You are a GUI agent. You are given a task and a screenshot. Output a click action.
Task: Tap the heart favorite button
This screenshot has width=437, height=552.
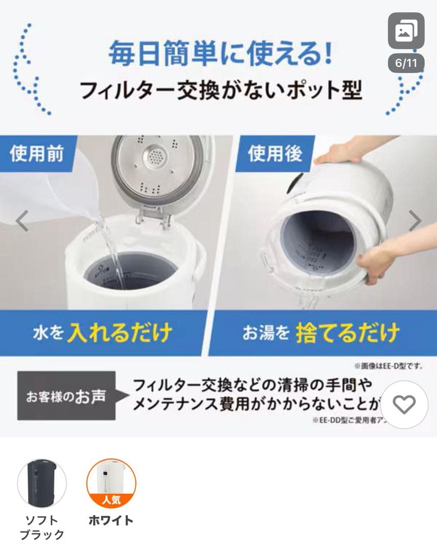[404, 405]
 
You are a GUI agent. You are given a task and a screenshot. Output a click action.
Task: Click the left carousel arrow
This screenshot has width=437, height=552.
[21, 221]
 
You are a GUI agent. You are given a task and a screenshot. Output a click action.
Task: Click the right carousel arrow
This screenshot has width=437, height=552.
[415, 221]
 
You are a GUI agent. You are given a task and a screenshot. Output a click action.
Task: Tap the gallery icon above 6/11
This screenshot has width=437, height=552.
[406, 31]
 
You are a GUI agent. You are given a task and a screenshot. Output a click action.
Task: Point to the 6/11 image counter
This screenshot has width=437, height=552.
[406, 64]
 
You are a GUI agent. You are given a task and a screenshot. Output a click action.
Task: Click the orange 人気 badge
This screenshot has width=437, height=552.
[111, 499]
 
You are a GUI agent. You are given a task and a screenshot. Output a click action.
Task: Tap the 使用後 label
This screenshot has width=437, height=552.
[275, 153]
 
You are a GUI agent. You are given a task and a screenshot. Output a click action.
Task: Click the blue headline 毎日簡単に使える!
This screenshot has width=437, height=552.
[220, 53]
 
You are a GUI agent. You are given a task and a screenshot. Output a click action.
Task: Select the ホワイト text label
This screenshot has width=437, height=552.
[111, 520]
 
